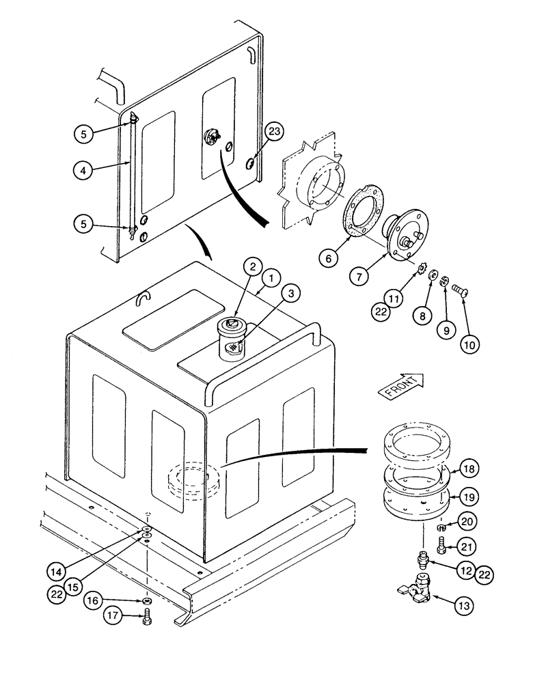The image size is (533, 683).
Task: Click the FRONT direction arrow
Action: [402, 387]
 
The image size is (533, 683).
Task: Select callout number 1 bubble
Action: [272, 278]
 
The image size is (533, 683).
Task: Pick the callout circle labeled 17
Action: [113, 615]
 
